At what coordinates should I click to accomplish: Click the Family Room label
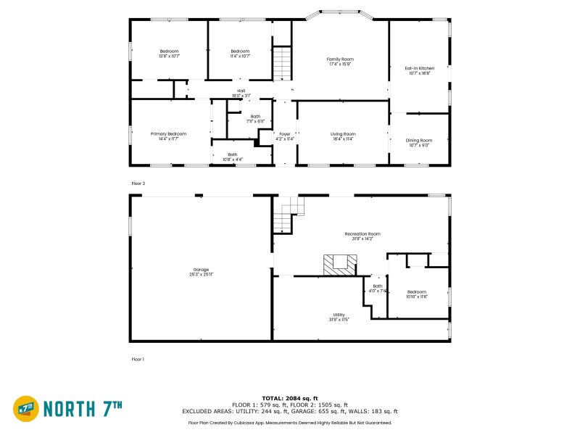[339, 61]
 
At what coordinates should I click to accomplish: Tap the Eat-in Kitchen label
[419, 70]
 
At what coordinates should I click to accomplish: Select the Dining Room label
[419, 142]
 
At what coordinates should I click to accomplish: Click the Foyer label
[285, 136]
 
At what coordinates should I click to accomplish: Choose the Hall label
[241, 93]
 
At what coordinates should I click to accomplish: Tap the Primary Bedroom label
[168, 136]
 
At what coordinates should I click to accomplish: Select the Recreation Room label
[362, 236]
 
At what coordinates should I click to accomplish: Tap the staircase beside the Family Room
[282, 63]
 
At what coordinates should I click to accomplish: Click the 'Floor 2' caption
[138, 184]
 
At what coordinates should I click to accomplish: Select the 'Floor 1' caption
[138, 359]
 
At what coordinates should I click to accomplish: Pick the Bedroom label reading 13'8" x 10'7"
[169, 53]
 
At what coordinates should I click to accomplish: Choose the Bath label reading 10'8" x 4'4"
[233, 156]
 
